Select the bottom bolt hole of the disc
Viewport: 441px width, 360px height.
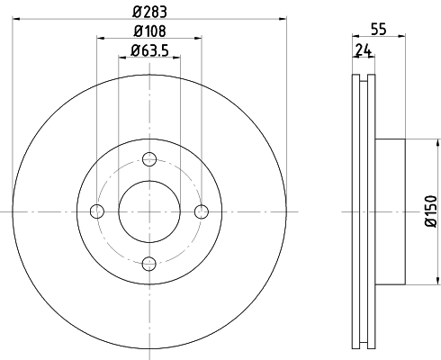click(149, 263)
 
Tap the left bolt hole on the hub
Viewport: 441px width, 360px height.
click(97, 211)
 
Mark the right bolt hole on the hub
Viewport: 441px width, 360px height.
click(202, 211)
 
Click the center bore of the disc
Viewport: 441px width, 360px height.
click(149, 211)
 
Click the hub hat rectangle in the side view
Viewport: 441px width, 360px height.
click(391, 211)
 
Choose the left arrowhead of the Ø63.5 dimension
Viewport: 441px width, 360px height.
click(122, 58)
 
